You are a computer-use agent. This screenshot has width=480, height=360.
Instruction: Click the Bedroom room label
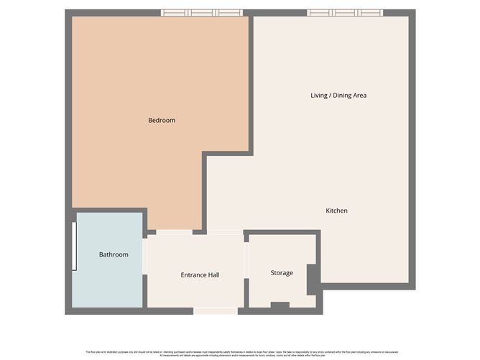click(162, 120)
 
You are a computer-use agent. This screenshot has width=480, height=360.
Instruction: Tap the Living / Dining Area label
click(338, 95)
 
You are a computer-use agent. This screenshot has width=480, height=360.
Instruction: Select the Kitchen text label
click(336, 211)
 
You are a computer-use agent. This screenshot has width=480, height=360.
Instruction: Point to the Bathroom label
click(114, 254)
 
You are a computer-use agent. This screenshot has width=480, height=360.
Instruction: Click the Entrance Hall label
click(200, 274)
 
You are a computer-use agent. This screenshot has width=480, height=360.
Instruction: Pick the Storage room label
click(282, 273)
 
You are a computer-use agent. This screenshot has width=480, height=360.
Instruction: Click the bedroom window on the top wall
click(201, 13)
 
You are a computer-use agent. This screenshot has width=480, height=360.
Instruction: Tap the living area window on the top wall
click(345, 13)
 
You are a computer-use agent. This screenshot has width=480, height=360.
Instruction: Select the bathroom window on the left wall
click(74, 246)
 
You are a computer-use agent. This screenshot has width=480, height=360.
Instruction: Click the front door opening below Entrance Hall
click(216, 311)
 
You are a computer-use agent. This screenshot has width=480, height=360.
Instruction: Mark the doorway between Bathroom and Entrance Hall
click(144, 256)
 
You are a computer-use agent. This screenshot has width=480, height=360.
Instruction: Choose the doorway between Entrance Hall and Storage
click(246, 260)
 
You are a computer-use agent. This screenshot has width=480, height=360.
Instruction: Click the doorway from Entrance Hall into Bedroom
click(174, 232)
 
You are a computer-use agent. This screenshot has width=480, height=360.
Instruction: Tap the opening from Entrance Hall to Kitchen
click(225, 232)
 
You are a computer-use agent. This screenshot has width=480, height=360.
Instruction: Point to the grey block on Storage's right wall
click(312, 280)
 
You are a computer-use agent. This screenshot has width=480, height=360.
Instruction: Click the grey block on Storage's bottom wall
click(280, 306)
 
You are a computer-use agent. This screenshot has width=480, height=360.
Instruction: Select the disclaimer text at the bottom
click(240, 354)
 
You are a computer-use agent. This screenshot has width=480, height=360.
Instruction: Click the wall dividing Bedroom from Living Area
click(250, 83)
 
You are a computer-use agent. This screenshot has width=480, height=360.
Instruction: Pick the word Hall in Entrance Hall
click(213, 274)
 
